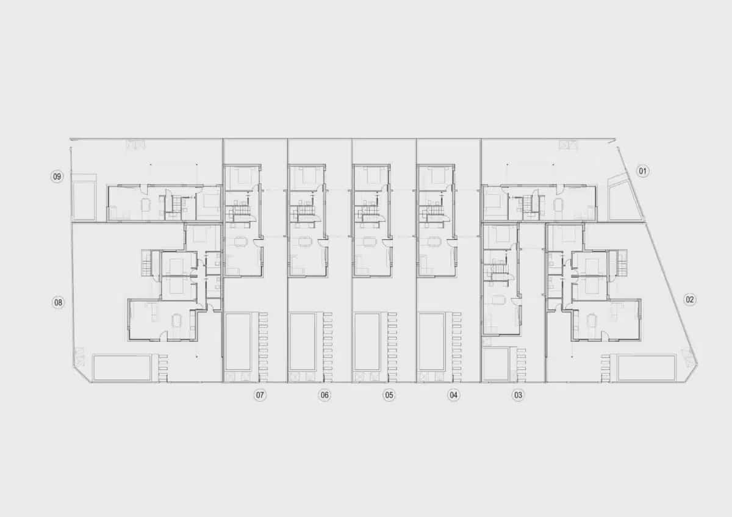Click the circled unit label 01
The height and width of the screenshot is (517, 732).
click(642, 171)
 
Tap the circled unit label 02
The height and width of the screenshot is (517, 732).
click(689, 300)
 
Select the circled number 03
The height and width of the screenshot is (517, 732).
click(518, 395)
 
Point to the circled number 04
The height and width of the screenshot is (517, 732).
click(453, 395)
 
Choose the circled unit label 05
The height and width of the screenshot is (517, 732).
click(389, 395)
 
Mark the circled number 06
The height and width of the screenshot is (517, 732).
click(324, 395)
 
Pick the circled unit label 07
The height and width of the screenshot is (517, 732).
click(260, 395)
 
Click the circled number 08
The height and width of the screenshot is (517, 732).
click(58, 303)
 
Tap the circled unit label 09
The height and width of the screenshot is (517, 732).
click(57, 176)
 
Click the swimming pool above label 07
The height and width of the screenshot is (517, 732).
click(238, 342)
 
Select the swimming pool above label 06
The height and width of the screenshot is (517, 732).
click(303, 342)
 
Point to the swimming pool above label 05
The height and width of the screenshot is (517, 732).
click(367, 342)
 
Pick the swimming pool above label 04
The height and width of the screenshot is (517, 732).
click(432, 342)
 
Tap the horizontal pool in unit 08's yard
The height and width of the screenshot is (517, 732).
click(122, 367)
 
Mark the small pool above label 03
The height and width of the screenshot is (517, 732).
click(496, 364)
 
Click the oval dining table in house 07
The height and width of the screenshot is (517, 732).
click(241, 241)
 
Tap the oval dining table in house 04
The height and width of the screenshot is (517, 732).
click(434, 241)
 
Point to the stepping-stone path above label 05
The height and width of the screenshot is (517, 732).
click(392, 347)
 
